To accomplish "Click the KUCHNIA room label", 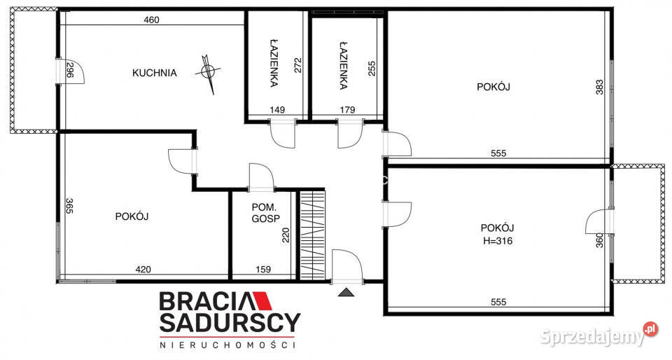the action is [154, 73].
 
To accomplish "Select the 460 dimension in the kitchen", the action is [152, 20].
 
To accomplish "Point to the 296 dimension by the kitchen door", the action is [70, 69].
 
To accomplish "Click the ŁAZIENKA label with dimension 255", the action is [343, 65].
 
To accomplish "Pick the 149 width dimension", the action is [277, 110].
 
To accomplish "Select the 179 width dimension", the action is [347, 110].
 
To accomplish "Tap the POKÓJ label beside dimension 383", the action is [493, 87].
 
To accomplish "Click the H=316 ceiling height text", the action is [498, 242].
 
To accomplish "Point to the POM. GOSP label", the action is [266, 213].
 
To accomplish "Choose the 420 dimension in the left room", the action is [143, 270].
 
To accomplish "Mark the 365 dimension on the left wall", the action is [69, 206].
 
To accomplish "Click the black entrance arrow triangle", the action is [346, 292].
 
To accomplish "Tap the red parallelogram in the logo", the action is [262, 301].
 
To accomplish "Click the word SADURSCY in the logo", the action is [230, 323].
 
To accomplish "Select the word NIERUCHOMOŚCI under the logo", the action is [227, 345].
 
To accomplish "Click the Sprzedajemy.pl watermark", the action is [599, 335].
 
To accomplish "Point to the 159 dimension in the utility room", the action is [263, 270].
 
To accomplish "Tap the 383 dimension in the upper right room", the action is [600, 87].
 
